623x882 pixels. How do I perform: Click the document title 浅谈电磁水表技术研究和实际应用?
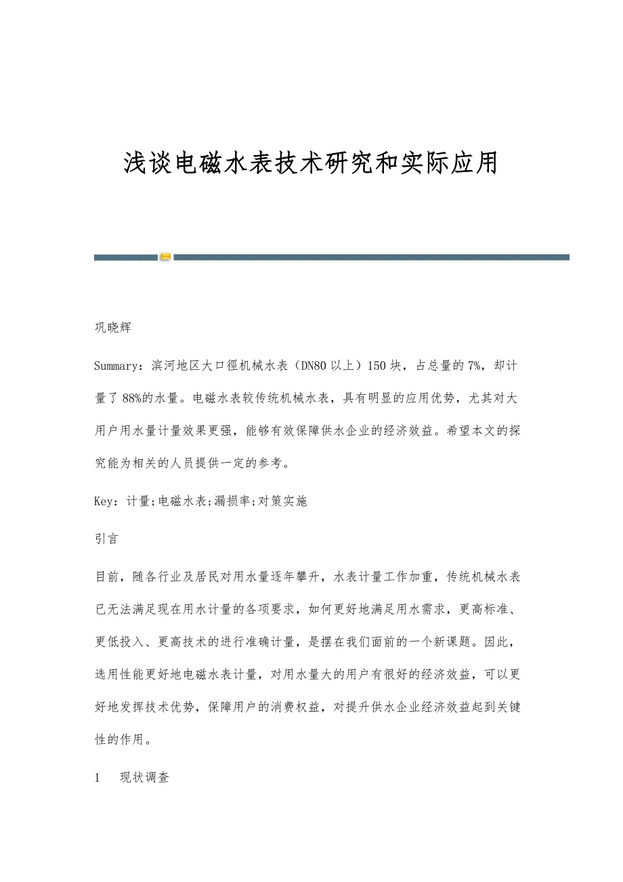[311, 163]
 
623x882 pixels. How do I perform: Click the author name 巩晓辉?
[112, 328]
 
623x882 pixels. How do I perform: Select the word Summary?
[117, 366]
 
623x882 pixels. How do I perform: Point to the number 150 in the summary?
[377, 366]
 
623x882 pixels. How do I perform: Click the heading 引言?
[107, 539]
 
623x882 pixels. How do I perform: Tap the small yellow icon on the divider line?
[166, 257]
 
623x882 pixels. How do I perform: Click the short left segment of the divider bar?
[126, 257]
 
